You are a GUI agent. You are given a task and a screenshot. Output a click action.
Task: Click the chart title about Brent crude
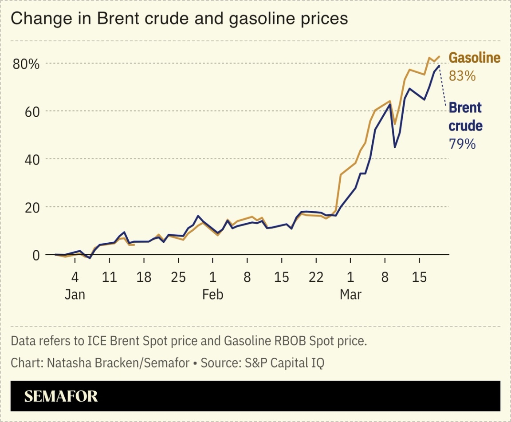(x=179, y=19)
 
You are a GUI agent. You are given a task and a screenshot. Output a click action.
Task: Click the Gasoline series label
(x=474, y=58)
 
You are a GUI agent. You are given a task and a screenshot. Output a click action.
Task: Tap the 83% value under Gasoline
(x=462, y=76)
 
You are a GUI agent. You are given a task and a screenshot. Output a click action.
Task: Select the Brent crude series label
(x=465, y=117)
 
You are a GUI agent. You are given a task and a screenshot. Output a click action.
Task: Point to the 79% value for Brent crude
(x=462, y=144)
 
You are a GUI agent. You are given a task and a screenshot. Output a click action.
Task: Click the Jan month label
(x=75, y=295)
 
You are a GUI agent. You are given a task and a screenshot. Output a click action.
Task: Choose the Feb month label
(x=212, y=295)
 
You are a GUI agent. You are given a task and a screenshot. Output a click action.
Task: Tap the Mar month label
(x=350, y=295)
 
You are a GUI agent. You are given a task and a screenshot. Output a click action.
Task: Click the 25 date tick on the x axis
(x=178, y=277)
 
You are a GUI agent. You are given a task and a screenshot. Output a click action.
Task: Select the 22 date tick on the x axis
(x=316, y=277)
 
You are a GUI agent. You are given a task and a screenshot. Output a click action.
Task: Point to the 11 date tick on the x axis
(x=109, y=277)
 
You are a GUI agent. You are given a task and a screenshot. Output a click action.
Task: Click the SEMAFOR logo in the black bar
(x=61, y=396)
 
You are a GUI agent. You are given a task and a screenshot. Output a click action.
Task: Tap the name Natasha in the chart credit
(x=63, y=363)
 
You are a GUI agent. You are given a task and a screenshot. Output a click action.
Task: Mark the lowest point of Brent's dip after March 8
(x=395, y=147)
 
